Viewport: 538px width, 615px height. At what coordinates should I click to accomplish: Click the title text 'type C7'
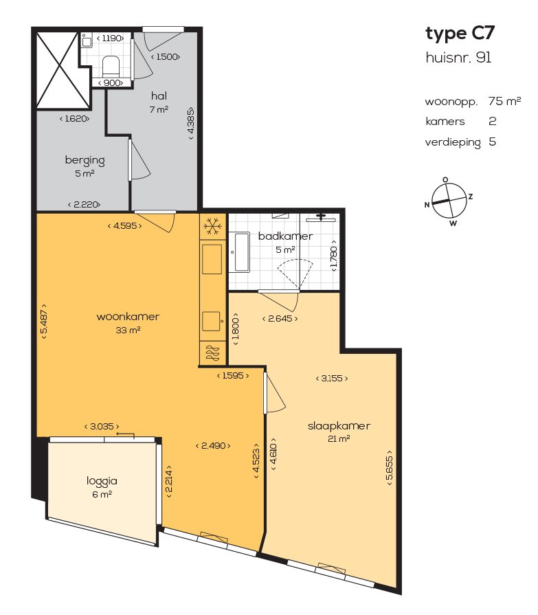pyautogui.click(x=460, y=33)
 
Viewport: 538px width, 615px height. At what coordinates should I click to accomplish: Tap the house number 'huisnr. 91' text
pyautogui.click(x=458, y=58)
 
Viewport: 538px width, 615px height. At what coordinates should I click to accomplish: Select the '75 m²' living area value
pyautogui.click(x=504, y=101)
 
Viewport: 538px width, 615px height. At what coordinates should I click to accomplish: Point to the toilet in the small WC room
pyautogui.click(x=110, y=67)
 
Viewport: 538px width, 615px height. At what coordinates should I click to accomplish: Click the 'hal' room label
pyautogui.click(x=159, y=96)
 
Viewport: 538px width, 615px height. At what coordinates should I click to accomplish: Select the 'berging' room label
pyautogui.click(x=85, y=160)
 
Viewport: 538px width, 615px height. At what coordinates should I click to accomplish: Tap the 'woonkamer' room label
pyautogui.click(x=128, y=317)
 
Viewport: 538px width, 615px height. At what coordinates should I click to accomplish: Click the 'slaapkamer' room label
pyautogui.click(x=339, y=425)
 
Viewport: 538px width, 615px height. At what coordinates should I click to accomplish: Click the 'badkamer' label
pyautogui.click(x=285, y=236)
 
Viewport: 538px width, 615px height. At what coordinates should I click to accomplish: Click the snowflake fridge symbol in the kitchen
pyautogui.click(x=212, y=225)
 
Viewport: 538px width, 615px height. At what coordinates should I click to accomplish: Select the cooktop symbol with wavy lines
pyautogui.click(x=212, y=353)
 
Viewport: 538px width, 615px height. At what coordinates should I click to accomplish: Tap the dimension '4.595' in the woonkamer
pyautogui.click(x=124, y=225)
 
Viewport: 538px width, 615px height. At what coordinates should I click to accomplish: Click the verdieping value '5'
pyautogui.click(x=492, y=142)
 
